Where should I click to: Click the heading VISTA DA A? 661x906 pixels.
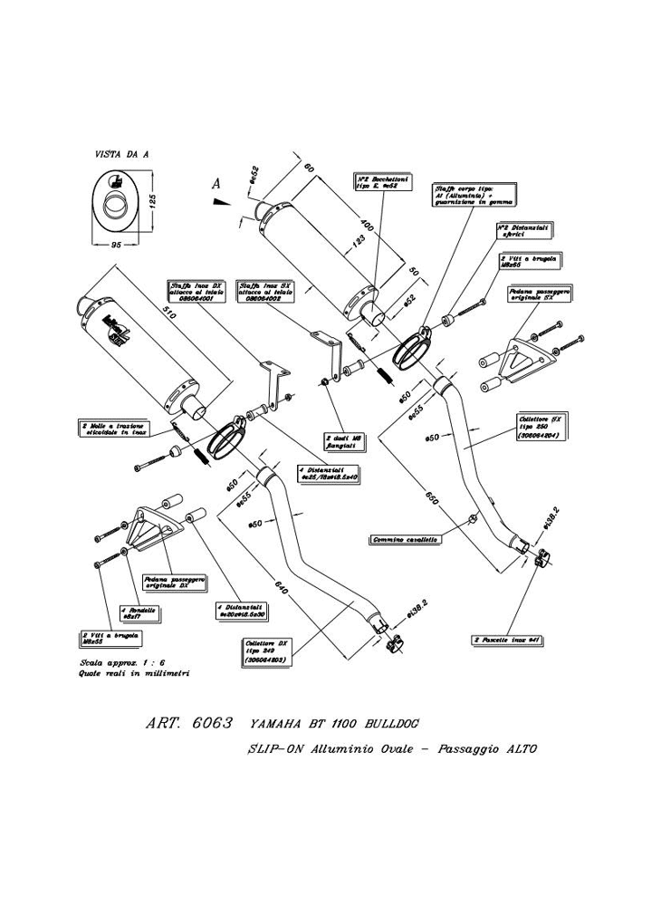(122, 155)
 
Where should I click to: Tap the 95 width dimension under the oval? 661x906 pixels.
(116, 245)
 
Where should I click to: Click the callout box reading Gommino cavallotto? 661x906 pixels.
(405, 539)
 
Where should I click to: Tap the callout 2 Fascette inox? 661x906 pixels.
(506, 639)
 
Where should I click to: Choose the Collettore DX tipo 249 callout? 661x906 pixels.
(265, 652)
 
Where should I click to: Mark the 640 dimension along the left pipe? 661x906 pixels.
(283, 590)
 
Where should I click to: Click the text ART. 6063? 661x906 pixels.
(189, 725)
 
